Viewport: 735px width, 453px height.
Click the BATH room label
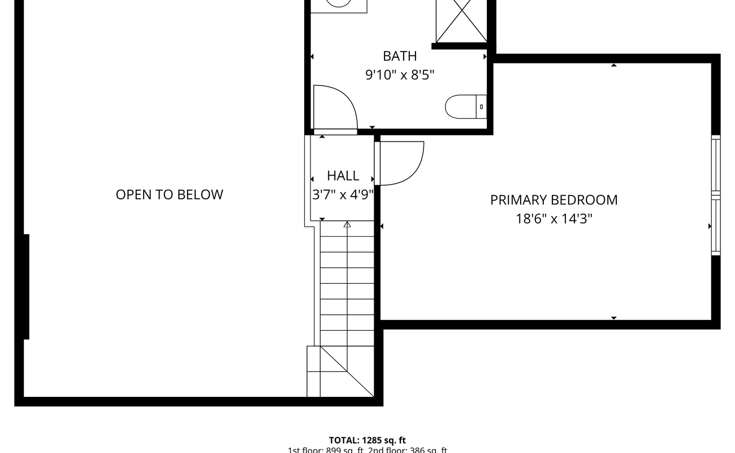click(x=400, y=56)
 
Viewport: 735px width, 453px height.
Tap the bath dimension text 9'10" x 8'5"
click(x=400, y=75)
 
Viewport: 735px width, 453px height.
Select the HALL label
click(x=343, y=176)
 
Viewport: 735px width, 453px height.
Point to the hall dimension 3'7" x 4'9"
click(x=343, y=195)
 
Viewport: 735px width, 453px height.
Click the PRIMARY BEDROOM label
click(x=554, y=200)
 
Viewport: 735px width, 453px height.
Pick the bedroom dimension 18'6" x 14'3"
click(x=554, y=219)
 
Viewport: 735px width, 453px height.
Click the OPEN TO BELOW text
click(x=169, y=195)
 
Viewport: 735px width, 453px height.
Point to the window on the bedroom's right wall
click(x=716, y=195)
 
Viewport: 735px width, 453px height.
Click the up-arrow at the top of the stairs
click(x=347, y=225)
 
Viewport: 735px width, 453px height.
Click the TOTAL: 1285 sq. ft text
click(x=367, y=440)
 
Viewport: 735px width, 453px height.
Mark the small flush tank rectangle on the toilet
click(x=482, y=106)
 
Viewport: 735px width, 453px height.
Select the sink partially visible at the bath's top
click(x=339, y=5)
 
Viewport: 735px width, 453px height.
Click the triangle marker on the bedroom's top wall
click(x=613, y=66)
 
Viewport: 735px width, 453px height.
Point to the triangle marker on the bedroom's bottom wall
click(x=613, y=318)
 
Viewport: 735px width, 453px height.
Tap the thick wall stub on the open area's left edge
click(x=25, y=287)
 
